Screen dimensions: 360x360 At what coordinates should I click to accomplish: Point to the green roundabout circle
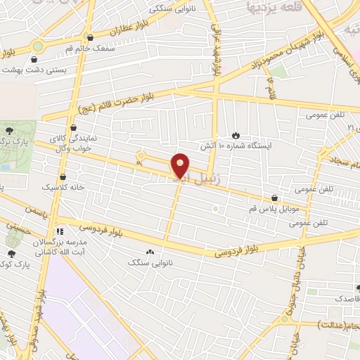pos(37,47)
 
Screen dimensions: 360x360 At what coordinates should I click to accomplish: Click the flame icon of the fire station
pos(236,134)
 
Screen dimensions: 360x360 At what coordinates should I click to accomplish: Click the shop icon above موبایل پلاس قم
pos(274,198)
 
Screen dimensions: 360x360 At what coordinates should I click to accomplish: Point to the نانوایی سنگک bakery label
pos(149,262)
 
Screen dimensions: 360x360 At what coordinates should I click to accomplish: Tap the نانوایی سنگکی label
pos(170,10)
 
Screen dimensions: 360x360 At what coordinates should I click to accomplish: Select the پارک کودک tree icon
pos(11,253)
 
